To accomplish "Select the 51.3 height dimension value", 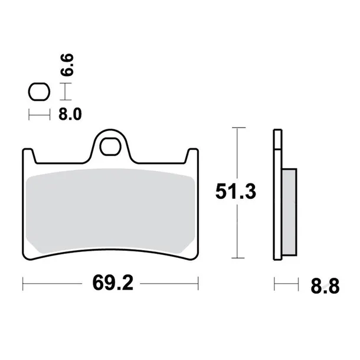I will (234, 193).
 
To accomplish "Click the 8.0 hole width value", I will (70, 114).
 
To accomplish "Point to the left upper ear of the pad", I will (29, 155).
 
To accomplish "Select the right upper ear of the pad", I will (192, 155).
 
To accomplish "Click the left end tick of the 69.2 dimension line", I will (23, 284).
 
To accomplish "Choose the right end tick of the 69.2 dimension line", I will (198, 284).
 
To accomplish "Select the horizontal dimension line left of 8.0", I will (39, 114).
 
